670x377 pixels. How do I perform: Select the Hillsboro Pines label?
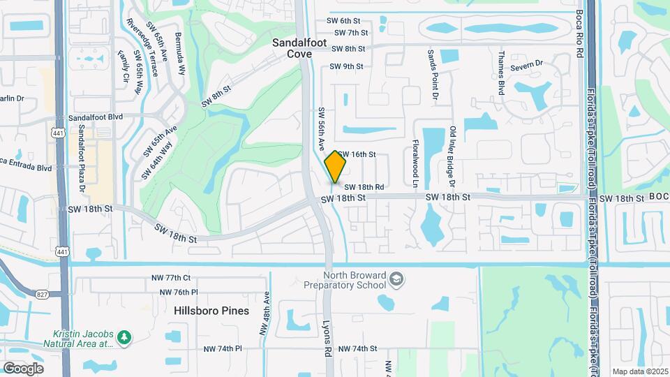(211, 311)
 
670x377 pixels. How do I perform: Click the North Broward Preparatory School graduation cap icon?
(396, 279)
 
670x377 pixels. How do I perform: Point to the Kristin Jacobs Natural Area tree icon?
(124, 337)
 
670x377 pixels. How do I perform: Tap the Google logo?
(23, 368)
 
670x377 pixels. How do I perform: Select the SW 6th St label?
(352, 22)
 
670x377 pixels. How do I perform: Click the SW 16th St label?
(359, 154)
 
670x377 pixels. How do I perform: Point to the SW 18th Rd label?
(364, 187)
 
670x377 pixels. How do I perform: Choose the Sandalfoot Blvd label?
(96, 118)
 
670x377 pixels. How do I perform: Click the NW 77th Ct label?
(171, 278)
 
